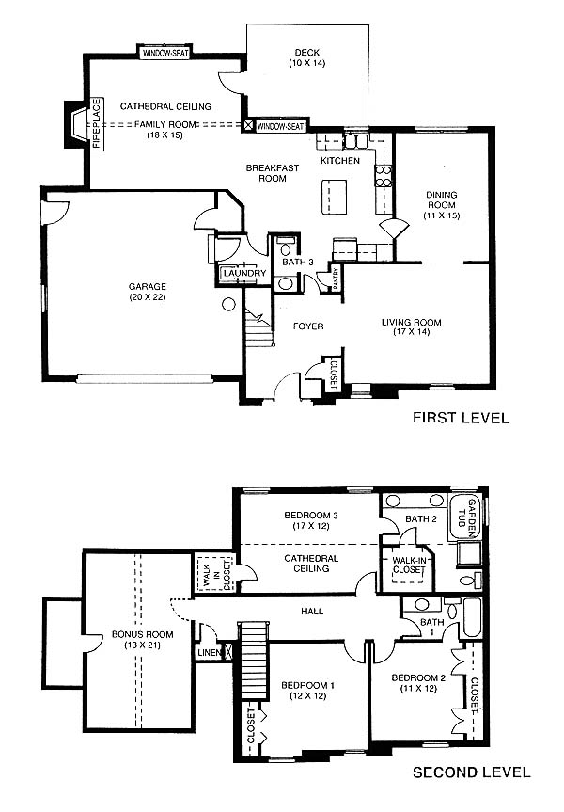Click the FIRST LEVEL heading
(461, 418)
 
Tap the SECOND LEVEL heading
(471, 772)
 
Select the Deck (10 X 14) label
(306, 57)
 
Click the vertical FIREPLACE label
(97, 124)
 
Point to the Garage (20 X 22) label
(148, 292)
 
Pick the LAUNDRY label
(244, 273)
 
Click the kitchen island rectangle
(335, 197)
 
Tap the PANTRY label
(336, 278)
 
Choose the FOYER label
(308, 326)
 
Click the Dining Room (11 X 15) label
(442, 205)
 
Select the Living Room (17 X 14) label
(412, 326)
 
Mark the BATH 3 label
(298, 262)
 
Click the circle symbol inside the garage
(228, 305)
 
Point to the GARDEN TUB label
(466, 517)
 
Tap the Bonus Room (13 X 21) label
(142, 640)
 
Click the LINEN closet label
(210, 653)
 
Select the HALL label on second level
(312, 611)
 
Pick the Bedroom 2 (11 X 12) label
(418, 683)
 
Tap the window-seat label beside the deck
(280, 126)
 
